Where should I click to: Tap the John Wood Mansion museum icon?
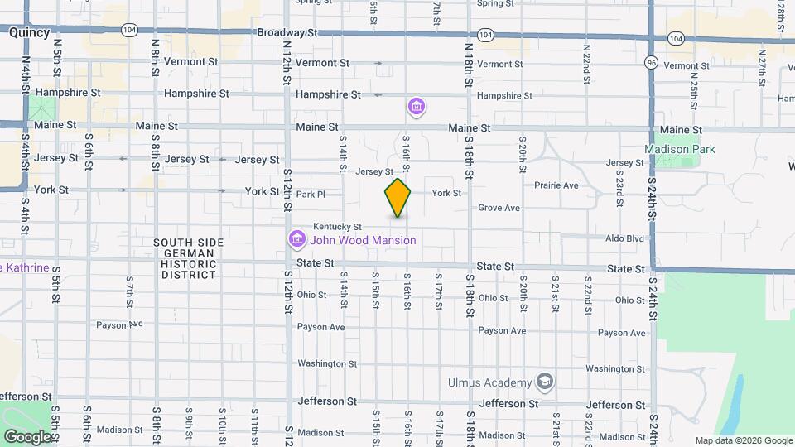296,240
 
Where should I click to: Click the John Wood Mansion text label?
363,241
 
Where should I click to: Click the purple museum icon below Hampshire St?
417,107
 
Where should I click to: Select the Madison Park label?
680,149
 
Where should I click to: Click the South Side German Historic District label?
188,258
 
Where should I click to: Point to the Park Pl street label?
311,195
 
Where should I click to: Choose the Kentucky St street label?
337,227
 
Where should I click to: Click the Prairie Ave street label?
556,185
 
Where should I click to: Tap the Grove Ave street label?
499,208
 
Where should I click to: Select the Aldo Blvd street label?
624,238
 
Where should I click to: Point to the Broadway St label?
287,33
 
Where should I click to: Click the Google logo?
26,436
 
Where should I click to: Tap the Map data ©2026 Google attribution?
744,441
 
